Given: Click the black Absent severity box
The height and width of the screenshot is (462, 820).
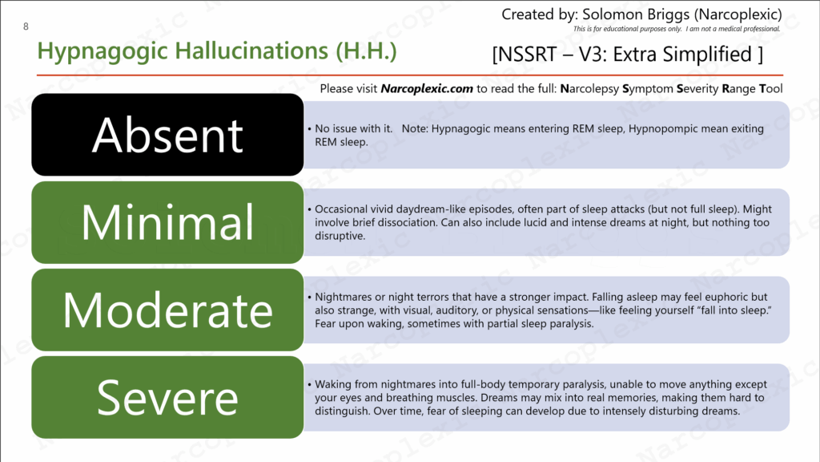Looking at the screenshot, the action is tap(167, 135).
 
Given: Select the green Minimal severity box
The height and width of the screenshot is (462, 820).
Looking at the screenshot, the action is tap(167, 222).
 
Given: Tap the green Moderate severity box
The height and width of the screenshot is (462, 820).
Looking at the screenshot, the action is tap(167, 310).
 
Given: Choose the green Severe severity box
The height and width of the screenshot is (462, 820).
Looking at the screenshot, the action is tap(167, 397).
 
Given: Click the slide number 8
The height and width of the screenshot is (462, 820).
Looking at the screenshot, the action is tap(26, 26).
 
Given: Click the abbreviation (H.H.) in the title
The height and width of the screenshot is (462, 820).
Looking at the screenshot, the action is tap(366, 51).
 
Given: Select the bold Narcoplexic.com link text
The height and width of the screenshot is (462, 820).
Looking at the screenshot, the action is tap(427, 88).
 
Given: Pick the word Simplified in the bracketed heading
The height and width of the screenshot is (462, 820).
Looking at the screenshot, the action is tap(707, 55).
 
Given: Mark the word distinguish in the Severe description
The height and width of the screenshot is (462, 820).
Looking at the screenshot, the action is tap(343, 411).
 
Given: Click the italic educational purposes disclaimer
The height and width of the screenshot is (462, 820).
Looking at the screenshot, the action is tap(676, 29).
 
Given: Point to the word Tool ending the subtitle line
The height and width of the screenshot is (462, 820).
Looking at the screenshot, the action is tap(771, 88).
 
